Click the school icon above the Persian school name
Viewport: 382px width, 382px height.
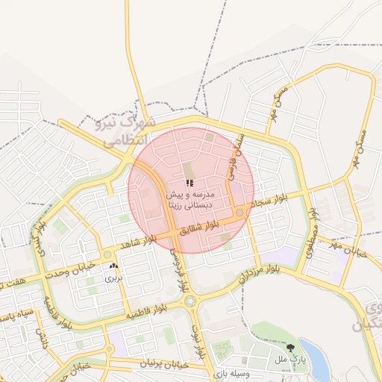[x=190, y=183]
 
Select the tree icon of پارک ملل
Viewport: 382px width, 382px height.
[x=290, y=348]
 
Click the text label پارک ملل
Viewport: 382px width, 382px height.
[x=290, y=360]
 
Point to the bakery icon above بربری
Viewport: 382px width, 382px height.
[x=113, y=266]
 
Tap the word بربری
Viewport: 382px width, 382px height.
[x=113, y=278]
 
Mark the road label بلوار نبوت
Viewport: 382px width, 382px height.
[x=196, y=335]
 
